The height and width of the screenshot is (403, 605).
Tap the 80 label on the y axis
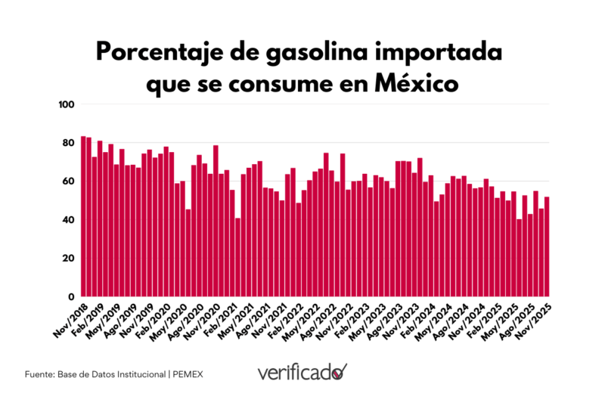coord(67,143)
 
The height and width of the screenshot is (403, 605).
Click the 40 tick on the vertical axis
coord(67,220)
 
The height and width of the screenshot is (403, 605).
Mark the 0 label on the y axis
coord(70,297)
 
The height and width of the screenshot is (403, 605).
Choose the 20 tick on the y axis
coord(67,259)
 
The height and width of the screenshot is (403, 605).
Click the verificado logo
coord(302,373)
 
